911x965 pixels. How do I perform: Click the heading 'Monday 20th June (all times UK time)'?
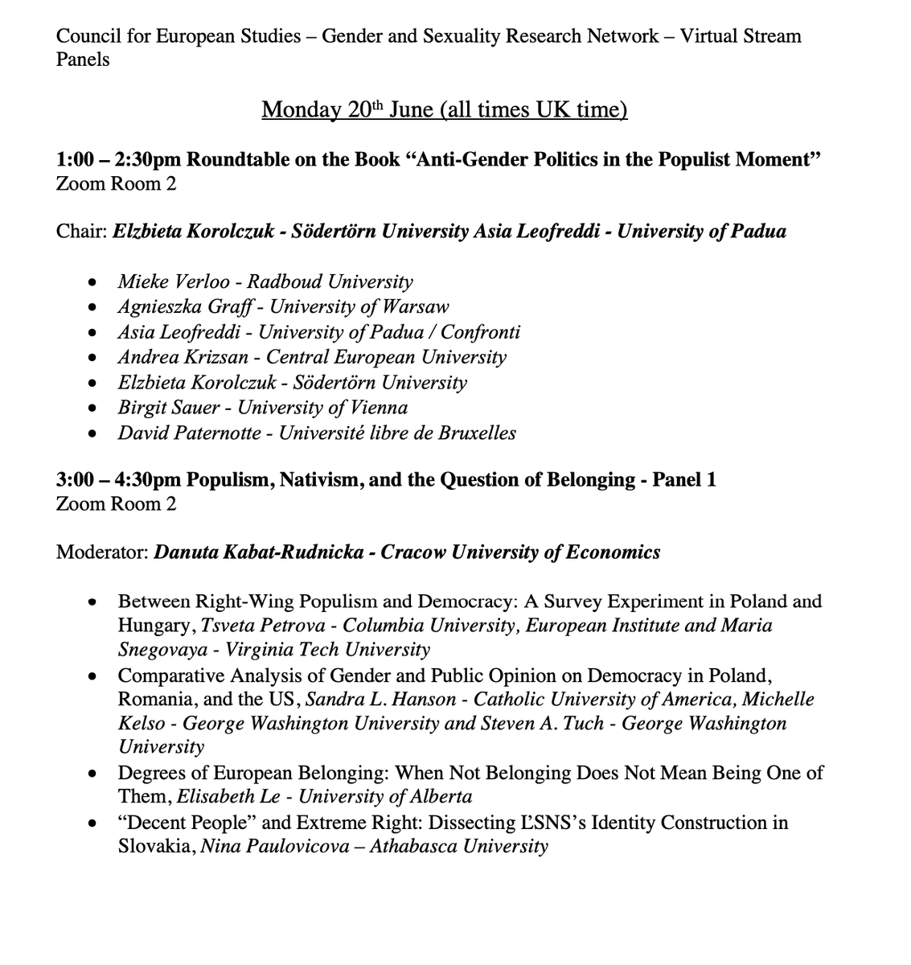(444, 109)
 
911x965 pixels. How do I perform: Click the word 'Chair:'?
(81, 232)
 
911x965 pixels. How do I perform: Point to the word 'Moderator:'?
(102, 552)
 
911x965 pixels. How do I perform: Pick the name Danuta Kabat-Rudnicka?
(261, 552)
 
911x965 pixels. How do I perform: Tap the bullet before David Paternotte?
(94, 433)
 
